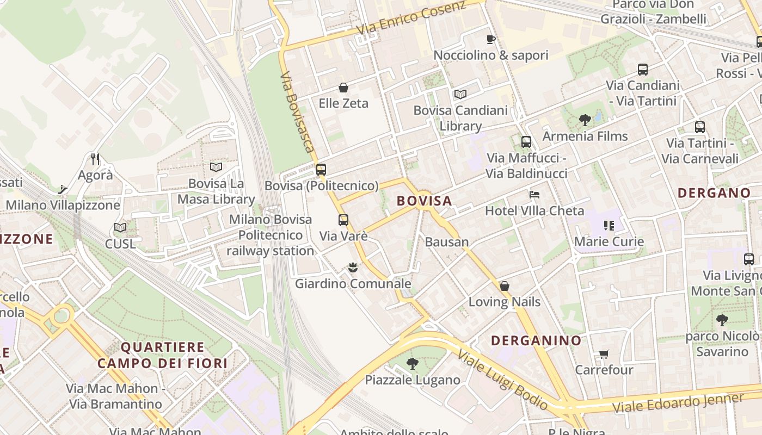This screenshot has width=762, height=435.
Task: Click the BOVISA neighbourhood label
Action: pyautogui.click(x=424, y=201)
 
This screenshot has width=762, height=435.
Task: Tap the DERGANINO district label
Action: pyautogui.click(x=536, y=341)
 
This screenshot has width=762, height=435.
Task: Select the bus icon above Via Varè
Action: pyautogui.click(x=343, y=220)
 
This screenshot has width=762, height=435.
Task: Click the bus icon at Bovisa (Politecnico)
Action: pyautogui.click(x=321, y=169)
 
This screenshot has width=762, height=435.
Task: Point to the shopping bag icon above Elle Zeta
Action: pyautogui.click(x=343, y=88)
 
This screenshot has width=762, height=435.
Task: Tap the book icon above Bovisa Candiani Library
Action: pyautogui.click(x=460, y=94)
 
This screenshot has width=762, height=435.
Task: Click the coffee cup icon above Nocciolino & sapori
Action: pyautogui.click(x=490, y=39)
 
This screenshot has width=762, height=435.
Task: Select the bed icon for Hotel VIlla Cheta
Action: pyautogui.click(x=534, y=195)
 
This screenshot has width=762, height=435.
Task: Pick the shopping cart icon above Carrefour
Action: pyautogui.click(x=604, y=355)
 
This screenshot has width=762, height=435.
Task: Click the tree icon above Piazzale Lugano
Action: pyautogui.click(x=413, y=363)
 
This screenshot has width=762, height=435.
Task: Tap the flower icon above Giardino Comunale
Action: pyautogui.click(x=353, y=267)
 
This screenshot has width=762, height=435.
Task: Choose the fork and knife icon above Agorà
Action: pyautogui.click(x=95, y=159)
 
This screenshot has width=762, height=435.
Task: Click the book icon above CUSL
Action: pyautogui.click(x=120, y=228)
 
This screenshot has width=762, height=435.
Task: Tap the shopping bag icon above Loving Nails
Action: pyautogui.click(x=505, y=286)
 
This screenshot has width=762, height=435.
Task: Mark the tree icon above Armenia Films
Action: pyautogui.click(x=585, y=120)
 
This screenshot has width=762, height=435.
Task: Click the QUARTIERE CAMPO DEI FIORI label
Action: pyautogui.click(x=162, y=355)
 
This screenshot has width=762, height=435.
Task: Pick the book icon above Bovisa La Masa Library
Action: pyautogui.click(x=216, y=167)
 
